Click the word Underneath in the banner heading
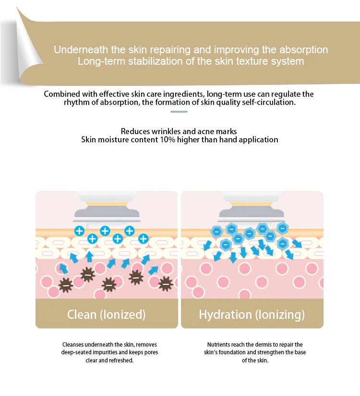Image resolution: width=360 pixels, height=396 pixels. tap(81, 50)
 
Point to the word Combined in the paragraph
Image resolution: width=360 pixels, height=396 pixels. tap(58, 94)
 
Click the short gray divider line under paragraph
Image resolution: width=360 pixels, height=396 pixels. tap(179, 112)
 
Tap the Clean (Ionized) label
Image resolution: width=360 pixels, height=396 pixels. tap(106, 314)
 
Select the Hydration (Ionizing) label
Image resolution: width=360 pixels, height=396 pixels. tap(252, 314)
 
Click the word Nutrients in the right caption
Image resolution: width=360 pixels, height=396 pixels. tap(218, 345)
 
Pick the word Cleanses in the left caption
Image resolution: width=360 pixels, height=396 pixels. tap(73, 345)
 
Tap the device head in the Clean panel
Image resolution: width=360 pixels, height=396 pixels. tap(107, 210)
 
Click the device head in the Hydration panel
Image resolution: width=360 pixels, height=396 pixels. tap(252, 210)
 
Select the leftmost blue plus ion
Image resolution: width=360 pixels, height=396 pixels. tap(79, 231)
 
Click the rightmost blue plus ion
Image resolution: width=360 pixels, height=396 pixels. tap(144, 239)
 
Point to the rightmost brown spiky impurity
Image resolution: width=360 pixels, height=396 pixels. tap(166, 284)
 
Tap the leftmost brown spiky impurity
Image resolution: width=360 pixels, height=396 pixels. tap(66, 285)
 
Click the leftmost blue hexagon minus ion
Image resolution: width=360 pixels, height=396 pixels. tap(216, 232)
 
